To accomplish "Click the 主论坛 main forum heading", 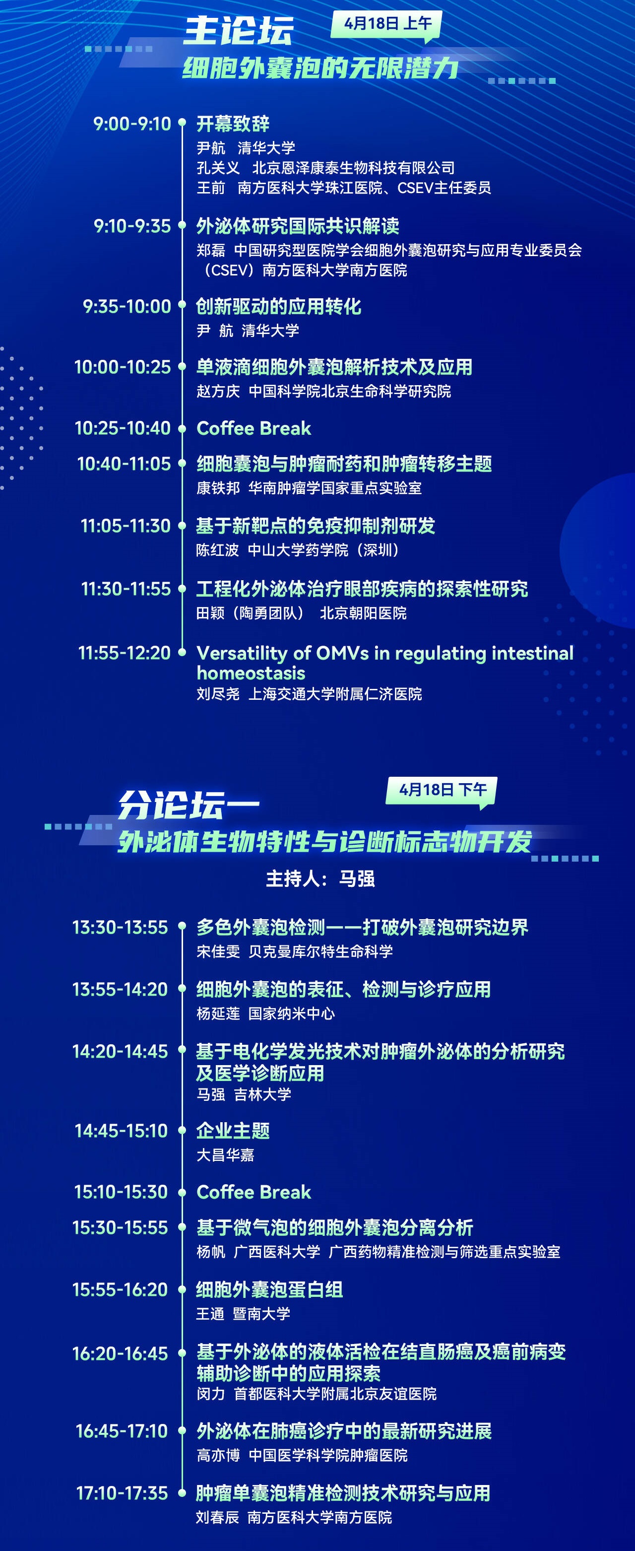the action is click(x=238, y=31).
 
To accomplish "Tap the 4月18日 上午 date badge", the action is click(x=386, y=25).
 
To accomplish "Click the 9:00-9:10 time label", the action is click(x=132, y=124).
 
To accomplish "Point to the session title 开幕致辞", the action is click(x=233, y=124).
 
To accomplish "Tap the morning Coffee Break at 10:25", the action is click(x=254, y=428).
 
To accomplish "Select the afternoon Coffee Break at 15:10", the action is click(x=254, y=1192).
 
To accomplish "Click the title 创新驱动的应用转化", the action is click(x=279, y=306).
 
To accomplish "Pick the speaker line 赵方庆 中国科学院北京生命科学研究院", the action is click(x=324, y=392).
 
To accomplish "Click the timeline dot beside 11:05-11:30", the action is click(x=183, y=526).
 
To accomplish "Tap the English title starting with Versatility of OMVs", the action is click(x=385, y=662).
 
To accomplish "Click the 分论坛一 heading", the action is click(x=189, y=806).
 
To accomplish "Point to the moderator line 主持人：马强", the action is click(x=320, y=878).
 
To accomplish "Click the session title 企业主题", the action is click(x=233, y=1130).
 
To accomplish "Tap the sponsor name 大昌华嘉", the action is click(x=226, y=1155).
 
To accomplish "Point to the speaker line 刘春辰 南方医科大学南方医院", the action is click(x=294, y=1517).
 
